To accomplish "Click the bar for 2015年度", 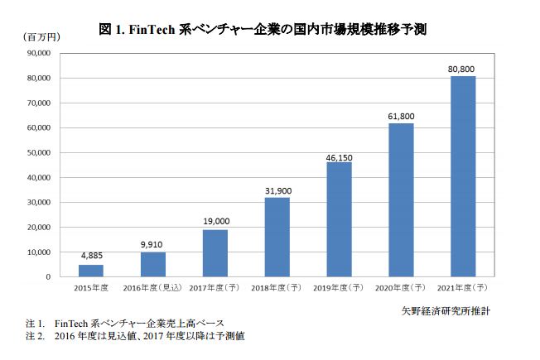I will coord(91,271).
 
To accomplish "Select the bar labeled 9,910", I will coord(153,264).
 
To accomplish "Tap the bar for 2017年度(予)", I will coord(215,253).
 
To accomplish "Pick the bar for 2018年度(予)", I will coord(277,237).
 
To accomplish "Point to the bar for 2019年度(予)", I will coord(339,219).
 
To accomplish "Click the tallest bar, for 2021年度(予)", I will coord(463,176).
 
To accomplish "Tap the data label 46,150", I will coord(339,156).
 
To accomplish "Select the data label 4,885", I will coord(91,257).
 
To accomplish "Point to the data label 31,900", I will coord(277,191).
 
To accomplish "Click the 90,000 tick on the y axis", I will coord(40,54).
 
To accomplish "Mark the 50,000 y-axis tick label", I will coord(40,153).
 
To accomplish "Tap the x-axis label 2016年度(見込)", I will coord(153,287).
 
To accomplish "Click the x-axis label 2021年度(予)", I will coord(463,287).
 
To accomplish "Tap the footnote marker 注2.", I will coord(35,337).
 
